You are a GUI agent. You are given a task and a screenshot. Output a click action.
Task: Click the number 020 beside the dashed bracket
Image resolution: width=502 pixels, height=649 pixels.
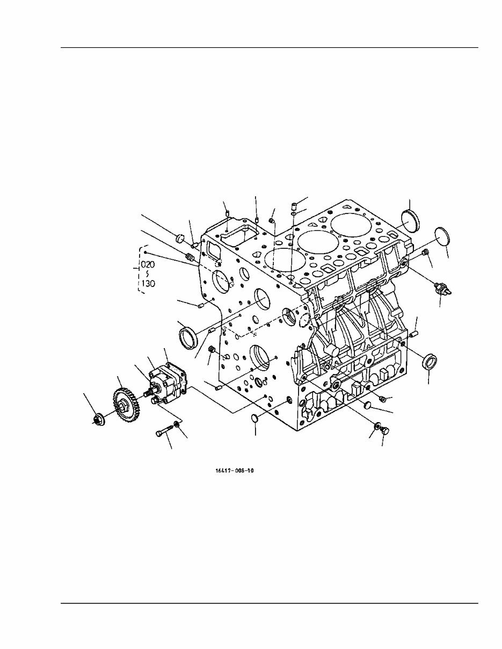[x=148, y=265]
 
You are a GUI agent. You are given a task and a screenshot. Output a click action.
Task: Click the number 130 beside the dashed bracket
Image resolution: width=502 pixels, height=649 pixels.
[x=148, y=283]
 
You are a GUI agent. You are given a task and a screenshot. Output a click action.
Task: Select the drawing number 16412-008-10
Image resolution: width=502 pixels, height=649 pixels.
[x=234, y=470]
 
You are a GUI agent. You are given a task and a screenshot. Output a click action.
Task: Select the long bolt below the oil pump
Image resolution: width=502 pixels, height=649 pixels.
[x=164, y=431]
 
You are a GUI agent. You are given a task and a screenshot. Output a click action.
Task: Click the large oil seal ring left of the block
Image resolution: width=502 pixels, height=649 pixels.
[x=187, y=337]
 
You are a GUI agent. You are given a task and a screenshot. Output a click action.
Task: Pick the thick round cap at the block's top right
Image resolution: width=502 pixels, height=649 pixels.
[x=412, y=220]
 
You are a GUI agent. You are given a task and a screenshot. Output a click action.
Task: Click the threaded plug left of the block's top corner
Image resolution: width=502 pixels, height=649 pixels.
[x=190, y=258]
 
